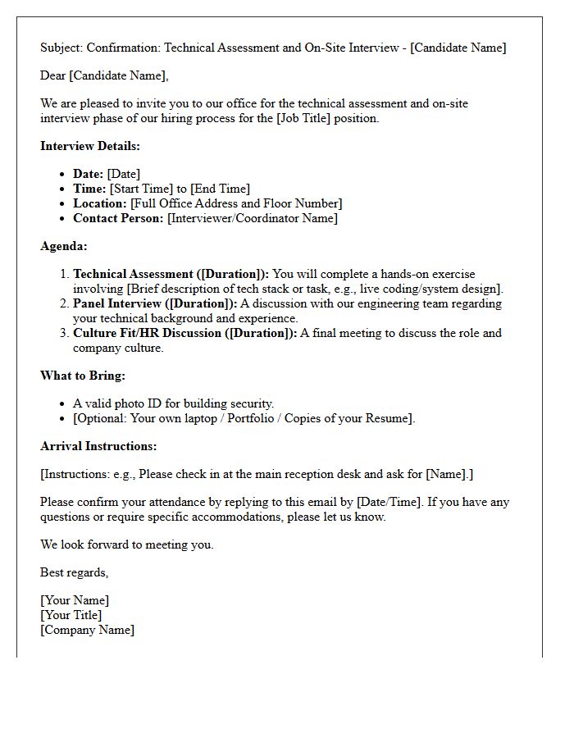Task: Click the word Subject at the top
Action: (x=61, y=48)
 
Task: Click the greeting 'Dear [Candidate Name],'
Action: (x=104, y=76)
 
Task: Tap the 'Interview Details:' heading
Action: (x=90, y=146)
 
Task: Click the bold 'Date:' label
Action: (x=89, y=174)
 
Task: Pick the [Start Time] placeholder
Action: (x=141, y=189)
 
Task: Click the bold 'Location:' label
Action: (x=100, y=203)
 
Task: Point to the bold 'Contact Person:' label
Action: (x=118, y=218)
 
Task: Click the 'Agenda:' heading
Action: (x=64, y=246)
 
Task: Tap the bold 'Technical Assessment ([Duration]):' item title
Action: (x=171, y=274)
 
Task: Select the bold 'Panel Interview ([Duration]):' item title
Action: (x=155, y=303)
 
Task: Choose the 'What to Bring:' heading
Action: (x=83, y=376)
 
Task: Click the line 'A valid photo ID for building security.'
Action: (x=173, y=403)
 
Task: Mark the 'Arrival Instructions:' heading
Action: (x=98, y=446)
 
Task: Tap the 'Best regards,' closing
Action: (x=74, y=572)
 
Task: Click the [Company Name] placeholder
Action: (x=87, y=630)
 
